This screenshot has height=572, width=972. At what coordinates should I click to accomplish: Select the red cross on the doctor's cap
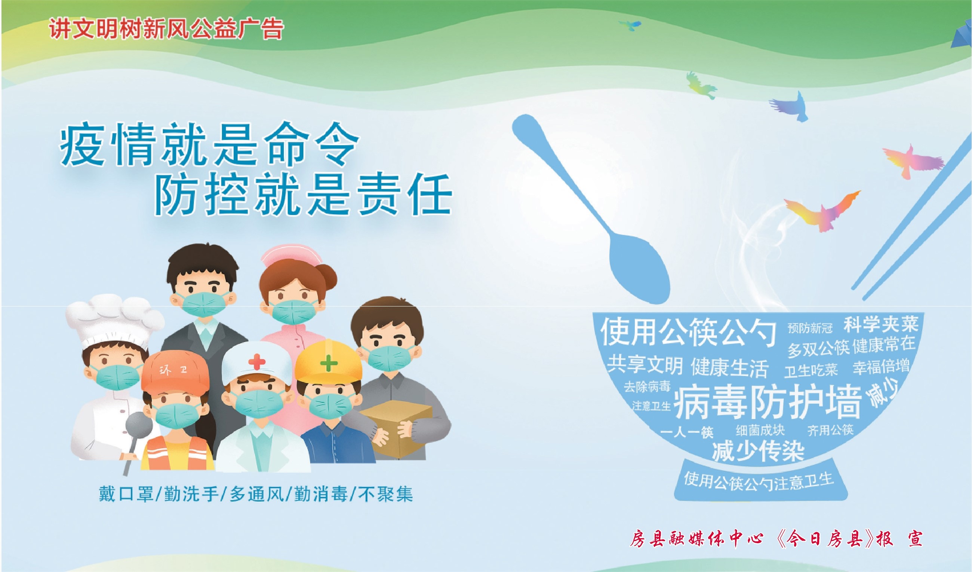tap(256, 363)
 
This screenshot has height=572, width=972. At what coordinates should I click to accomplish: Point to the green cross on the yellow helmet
tap(329, 363)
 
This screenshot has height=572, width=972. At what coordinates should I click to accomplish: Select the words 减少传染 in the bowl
tap(758, 450)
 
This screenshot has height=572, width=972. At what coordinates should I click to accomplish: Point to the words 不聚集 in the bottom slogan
tap(386, 494)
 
